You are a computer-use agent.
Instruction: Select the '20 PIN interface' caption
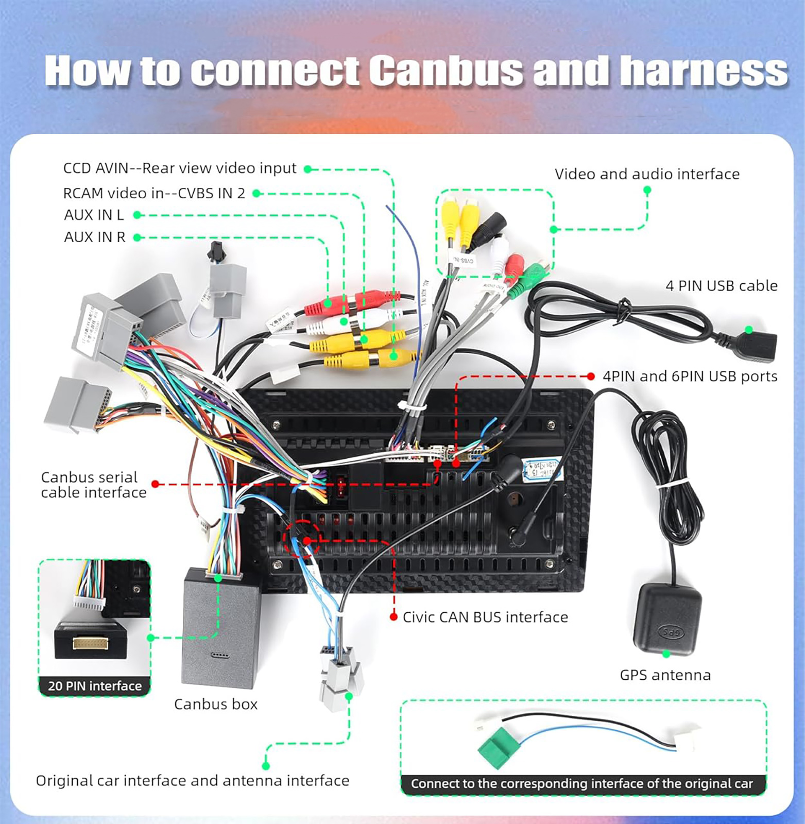click(x=95, y=686)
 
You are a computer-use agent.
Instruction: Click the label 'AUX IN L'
click(x=94, y=215)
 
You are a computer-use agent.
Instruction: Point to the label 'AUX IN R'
click(x=95, y=237)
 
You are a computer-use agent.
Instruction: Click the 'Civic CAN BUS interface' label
click(x=485, y=617)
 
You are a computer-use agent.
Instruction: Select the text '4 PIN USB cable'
click(x=721, y=286)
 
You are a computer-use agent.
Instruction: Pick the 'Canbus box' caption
click(x=216, y=704)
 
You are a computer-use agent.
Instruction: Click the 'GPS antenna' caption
click(x=665, y=675)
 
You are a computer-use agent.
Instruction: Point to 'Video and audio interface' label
click(x=647, y=174)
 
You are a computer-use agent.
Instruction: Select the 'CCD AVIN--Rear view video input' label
click(x=180, y=168)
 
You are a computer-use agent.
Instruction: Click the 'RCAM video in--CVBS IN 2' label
click(x=154, y=193)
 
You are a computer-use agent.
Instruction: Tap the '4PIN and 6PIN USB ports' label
click(x=690, y=376)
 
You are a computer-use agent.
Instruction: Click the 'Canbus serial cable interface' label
click(x=94, y=485)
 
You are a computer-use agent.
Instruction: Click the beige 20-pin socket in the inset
click(x=90, y=643)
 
